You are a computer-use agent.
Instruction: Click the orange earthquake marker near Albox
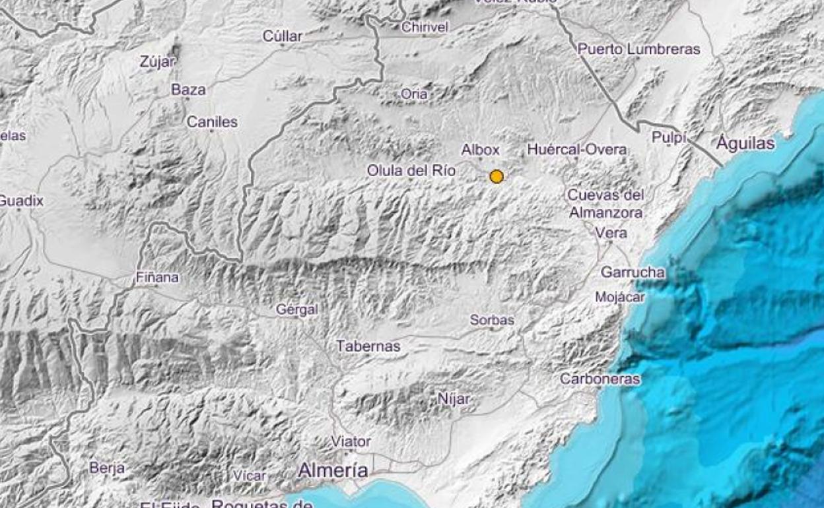(x=497, y=176)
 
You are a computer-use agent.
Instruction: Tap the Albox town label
(x=480, y=150)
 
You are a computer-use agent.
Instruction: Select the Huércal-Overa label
(x=576, y=150)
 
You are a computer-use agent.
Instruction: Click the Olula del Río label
(x=411, y=171)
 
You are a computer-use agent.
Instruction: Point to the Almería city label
(x=333, y=470)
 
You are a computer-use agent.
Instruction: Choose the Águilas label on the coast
(x=745, y=143)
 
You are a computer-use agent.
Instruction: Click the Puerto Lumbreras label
(x=638, y=49)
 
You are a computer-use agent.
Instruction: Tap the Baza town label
(x=188, y=90)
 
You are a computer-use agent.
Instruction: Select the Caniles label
(x=211, y=122)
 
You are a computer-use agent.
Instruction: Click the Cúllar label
(x=283, y=36)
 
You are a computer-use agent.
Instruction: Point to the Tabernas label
(x=368, y=346)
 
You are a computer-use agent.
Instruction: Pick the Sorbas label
(x=492, y=320)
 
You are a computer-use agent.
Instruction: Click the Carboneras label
(x=600, y=379)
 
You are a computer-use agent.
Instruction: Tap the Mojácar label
(x=620, y=297)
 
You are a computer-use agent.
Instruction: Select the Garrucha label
(x=633, y=272)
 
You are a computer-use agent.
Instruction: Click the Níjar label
(x=454, y=398)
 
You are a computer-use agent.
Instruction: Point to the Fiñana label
(x=156, y=278)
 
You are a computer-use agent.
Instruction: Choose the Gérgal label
(x=296, y=309)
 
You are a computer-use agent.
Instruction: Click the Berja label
(x=106, y=468)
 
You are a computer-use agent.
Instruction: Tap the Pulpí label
(x=669, y=137)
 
